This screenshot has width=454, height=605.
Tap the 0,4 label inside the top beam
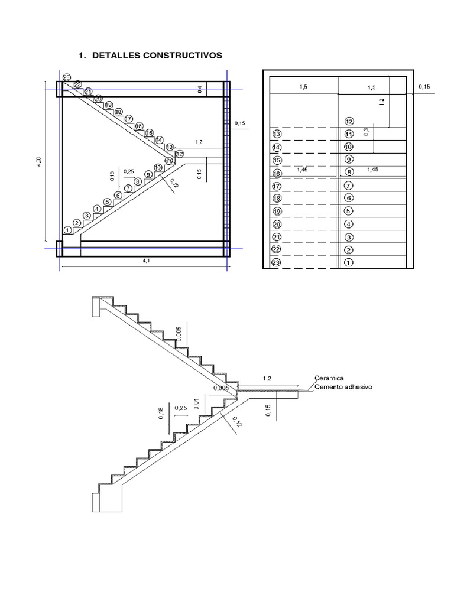click(200, 90)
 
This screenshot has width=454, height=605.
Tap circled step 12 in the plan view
click(349, 121)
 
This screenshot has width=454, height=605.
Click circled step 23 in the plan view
click(276, 263)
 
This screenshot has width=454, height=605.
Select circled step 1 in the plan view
click(348, 263)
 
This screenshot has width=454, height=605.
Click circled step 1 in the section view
click(67, 230)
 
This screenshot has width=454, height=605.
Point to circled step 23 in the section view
click(66, 78)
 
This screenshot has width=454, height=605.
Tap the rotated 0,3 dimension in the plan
click(367, 132)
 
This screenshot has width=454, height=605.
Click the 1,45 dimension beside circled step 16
click(303, 169)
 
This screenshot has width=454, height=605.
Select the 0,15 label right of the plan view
click(424, 87)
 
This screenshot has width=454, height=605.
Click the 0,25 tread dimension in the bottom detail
click(180, 408)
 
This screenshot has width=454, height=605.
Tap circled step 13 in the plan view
click(276, 134)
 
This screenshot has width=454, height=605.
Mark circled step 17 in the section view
click(128, 119)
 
